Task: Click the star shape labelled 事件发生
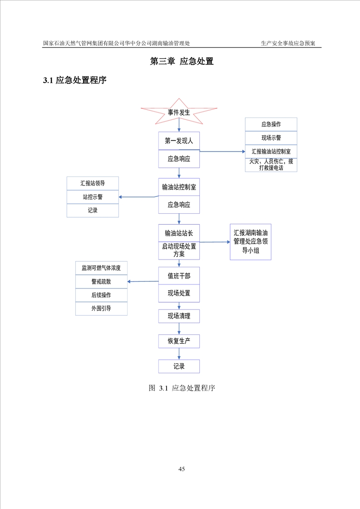click(179, 112)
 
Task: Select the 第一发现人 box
click(179, 141)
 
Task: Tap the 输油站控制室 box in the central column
click(179, 186)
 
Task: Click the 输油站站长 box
click(179, 233)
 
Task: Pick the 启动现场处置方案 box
click(179, 250)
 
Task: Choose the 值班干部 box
click(179, 276)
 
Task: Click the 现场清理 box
click(179, 316)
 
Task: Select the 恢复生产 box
click(179, 341)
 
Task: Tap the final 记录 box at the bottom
click(179, 367)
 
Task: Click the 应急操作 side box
click(271, 124)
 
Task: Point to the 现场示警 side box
click(271, 138)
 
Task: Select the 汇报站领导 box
click(93, 183)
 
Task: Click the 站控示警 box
click(93, 197)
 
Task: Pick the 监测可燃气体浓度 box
click(101, 268)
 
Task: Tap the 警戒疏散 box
click(101, 282)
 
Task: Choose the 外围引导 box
click(101, 308)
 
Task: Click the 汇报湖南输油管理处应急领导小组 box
click(250, 241)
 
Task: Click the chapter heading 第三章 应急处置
click(182, 61)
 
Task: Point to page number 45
click(182, 469)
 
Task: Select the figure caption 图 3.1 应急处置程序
click(182, 388)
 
